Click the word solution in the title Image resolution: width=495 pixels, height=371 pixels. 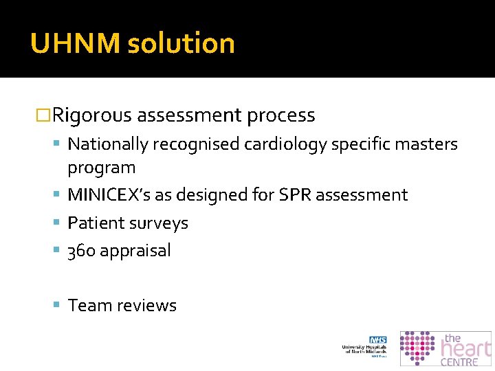[181, 43]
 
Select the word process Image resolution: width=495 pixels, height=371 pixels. [280, 115]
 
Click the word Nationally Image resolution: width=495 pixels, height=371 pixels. [108, 144]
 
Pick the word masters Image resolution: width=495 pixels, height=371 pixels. [426, 144]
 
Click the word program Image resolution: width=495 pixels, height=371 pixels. [101, 168]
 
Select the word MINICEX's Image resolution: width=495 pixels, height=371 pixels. [109, 195]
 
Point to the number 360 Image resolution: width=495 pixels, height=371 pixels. [82, 251]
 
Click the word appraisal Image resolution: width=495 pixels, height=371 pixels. [135, 251]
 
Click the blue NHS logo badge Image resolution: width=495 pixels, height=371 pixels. [377, 340]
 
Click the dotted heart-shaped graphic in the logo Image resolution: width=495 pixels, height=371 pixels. [417, 348]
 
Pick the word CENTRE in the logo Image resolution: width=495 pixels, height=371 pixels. [459, 362]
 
